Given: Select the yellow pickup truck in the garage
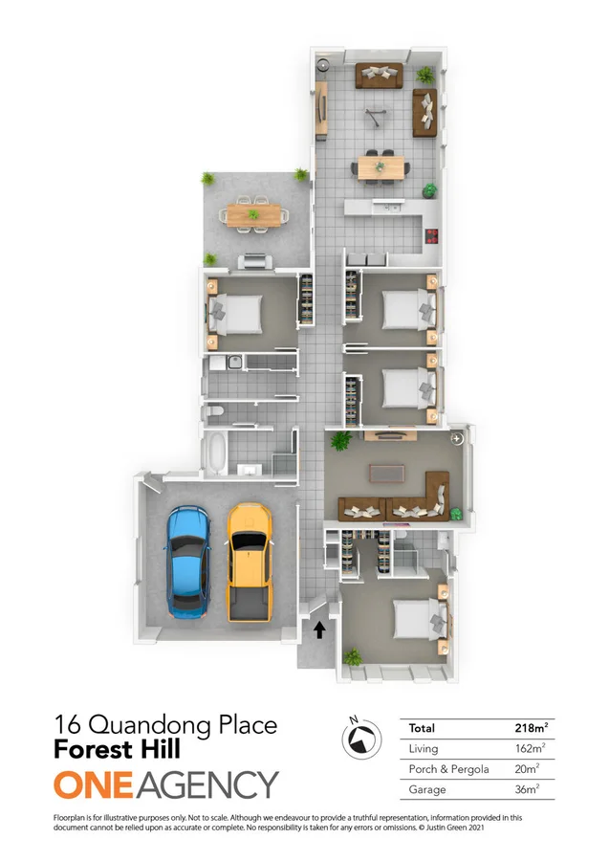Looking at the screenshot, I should pos(250,561).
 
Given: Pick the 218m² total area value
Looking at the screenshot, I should pos(530,728).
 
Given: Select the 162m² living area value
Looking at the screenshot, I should pos(530,748).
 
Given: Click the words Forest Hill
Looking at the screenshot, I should pos(118,752).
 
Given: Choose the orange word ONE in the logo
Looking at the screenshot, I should pos(96,785).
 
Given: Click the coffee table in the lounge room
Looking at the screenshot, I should pos(386,475).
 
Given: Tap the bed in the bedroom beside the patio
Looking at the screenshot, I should pos(237,313).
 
